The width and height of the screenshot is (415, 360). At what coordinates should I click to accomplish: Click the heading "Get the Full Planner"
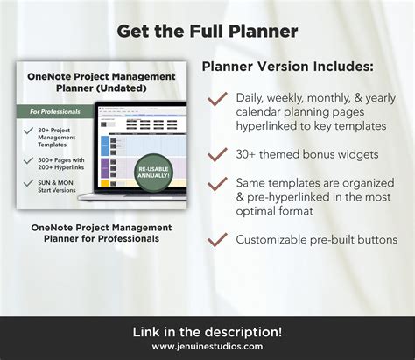(x=207, y=32)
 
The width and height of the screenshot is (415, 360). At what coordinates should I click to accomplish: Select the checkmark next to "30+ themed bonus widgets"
(x=217, y=155)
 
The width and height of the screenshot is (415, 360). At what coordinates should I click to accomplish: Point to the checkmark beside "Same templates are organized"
(x=217, y=183)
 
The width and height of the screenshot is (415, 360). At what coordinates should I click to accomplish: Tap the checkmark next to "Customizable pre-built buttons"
(x=217, y=238)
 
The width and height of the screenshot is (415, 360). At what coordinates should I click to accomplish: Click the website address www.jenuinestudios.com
(x=207, y=346)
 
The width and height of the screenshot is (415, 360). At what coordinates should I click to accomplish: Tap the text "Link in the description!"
(x=207, y=331)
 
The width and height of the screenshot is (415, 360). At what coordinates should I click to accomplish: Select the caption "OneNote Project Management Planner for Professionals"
(x=102, y=232)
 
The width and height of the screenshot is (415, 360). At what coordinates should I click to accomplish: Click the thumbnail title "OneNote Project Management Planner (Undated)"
(x=101, y=82)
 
